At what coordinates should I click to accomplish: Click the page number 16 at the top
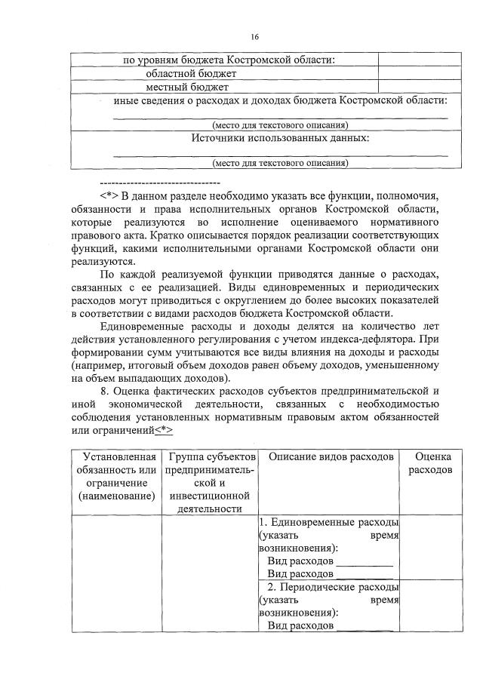tap(254, 35)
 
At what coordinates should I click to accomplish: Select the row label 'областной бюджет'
tap(191, 73)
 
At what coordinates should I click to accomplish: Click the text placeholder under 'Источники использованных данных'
tap(280, 162)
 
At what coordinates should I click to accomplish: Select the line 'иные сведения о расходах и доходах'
tap(280, 100)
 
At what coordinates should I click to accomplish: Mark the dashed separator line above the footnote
tap(159, 183)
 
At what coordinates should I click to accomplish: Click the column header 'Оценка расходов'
tap(432, 463)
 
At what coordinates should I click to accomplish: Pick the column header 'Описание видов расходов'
tap(331, 457)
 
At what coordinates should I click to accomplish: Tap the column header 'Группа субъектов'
tap(212, 457)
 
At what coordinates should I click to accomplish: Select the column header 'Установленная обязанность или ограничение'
tap(115, 476)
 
